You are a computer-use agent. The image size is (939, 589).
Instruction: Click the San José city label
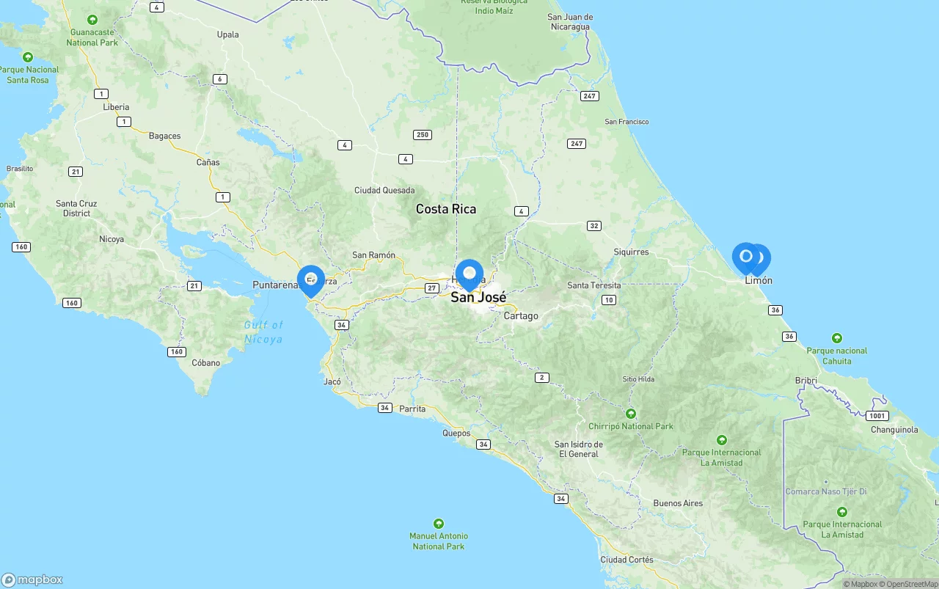coord(478,297)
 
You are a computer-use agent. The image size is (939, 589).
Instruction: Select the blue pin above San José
coord(469,274)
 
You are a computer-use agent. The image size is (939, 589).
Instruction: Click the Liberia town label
coord(116,107)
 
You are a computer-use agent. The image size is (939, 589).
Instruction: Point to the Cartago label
coord(521,316)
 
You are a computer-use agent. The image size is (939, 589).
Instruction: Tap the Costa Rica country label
coord(446,209)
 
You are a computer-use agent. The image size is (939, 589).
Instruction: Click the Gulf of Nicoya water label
coord(263,332)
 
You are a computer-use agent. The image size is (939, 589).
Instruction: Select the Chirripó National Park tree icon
coord(631,414)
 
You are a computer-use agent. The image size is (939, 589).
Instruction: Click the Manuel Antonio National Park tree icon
coord(439,524)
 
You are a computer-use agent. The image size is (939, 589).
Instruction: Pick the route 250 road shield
coord(422,135)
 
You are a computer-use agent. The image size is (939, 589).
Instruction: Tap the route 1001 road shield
coord(877,416)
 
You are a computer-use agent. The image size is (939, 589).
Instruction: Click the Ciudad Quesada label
coord(384,191)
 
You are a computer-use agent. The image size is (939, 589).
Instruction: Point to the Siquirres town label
coord(631,252)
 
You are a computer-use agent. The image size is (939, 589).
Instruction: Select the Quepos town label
coord(456,433)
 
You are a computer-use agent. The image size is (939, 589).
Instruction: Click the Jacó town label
coord(332,382)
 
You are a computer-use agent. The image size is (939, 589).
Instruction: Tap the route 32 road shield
coord(594,226)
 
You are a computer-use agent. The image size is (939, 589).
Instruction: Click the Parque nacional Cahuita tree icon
coord(837,338)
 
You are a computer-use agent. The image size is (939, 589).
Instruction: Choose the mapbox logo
coord(32,579)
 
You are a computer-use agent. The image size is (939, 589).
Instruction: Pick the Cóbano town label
coord(206,363)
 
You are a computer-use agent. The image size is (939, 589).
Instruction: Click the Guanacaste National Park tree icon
coord(92,20)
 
